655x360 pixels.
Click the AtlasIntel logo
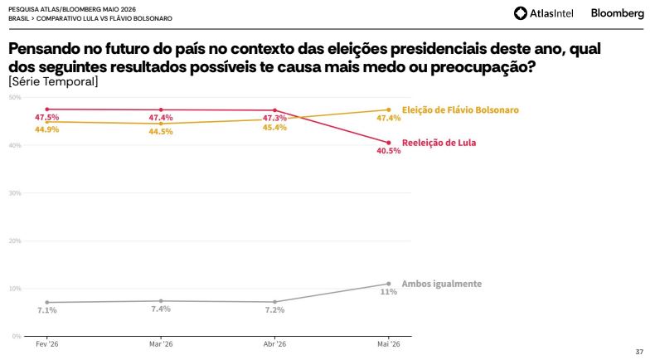(543, 13)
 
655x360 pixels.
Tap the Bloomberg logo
(618, 13)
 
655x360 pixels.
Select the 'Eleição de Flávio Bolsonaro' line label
(460, 110)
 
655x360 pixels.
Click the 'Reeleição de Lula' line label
(439, 143)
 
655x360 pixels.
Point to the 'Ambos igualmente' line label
(442, 284)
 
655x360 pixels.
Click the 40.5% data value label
(389, 150)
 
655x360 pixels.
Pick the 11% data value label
(389, 291)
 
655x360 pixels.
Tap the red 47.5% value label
(46, 118)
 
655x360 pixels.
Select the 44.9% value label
(46, 129)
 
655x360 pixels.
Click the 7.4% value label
(161, 309)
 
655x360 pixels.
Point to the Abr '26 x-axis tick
(275, 344)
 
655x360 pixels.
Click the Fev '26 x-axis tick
(47, 344)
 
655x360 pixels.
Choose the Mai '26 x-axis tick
(389, 344)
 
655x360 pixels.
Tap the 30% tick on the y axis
(15, 193)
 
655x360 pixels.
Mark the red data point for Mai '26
(389, 143)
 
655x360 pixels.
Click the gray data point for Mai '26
(389, 284)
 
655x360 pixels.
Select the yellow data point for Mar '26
(161, 124)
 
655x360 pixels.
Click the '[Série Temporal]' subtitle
(53, 81)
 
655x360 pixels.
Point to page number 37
(639, 352)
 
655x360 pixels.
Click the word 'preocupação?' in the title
(483, 67)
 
